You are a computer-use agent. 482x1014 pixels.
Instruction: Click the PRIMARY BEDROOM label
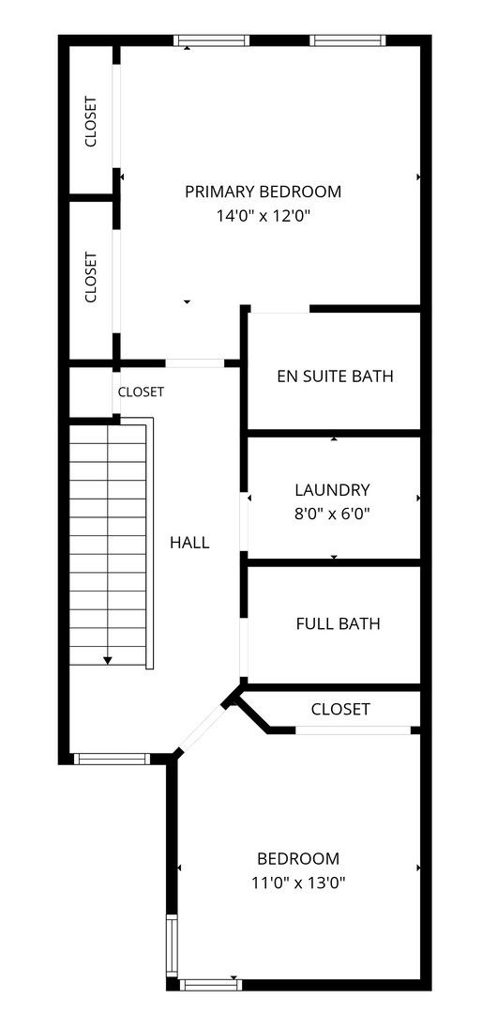click(x=263, y=192)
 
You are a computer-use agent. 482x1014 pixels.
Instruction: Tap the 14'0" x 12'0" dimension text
click(x=264, y=216)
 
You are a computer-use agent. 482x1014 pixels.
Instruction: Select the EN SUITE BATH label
click(x=335, y=376)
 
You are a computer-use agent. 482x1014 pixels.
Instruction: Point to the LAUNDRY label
click(x=333, y=489)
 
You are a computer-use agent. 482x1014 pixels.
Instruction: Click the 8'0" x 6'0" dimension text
click(x=333, y=515)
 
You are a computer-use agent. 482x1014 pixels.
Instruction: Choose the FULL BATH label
click(x=338, y=624)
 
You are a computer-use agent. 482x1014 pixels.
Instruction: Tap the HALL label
click(x=189, y=543)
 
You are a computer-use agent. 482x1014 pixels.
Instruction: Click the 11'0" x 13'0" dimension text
click(x=298, y=883)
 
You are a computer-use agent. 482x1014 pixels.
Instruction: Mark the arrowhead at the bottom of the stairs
click(x=108, y=660)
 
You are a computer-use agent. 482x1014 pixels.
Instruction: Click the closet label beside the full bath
click(x=340, y=710)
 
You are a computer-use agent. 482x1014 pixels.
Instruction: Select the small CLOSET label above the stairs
click(x=141, y=392)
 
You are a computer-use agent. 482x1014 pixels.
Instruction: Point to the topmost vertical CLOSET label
click(x=90, y=121)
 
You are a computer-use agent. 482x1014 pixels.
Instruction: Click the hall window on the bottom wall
click(x=112, y=759)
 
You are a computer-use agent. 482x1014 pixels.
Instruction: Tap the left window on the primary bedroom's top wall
click(x=211, y=40)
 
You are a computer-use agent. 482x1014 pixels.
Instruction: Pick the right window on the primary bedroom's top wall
click(x=348, y=40)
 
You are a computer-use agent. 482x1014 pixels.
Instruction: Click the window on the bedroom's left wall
click(x=172, y=945)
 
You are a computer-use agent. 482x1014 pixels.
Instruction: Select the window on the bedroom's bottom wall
click(x=210, y=985)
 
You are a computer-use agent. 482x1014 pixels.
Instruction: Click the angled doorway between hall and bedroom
click(x=202, y=729)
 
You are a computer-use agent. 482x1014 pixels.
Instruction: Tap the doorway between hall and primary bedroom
click(x=194, y=363)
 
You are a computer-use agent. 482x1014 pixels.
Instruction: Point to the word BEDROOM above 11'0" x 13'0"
click(x=298, y=859)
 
